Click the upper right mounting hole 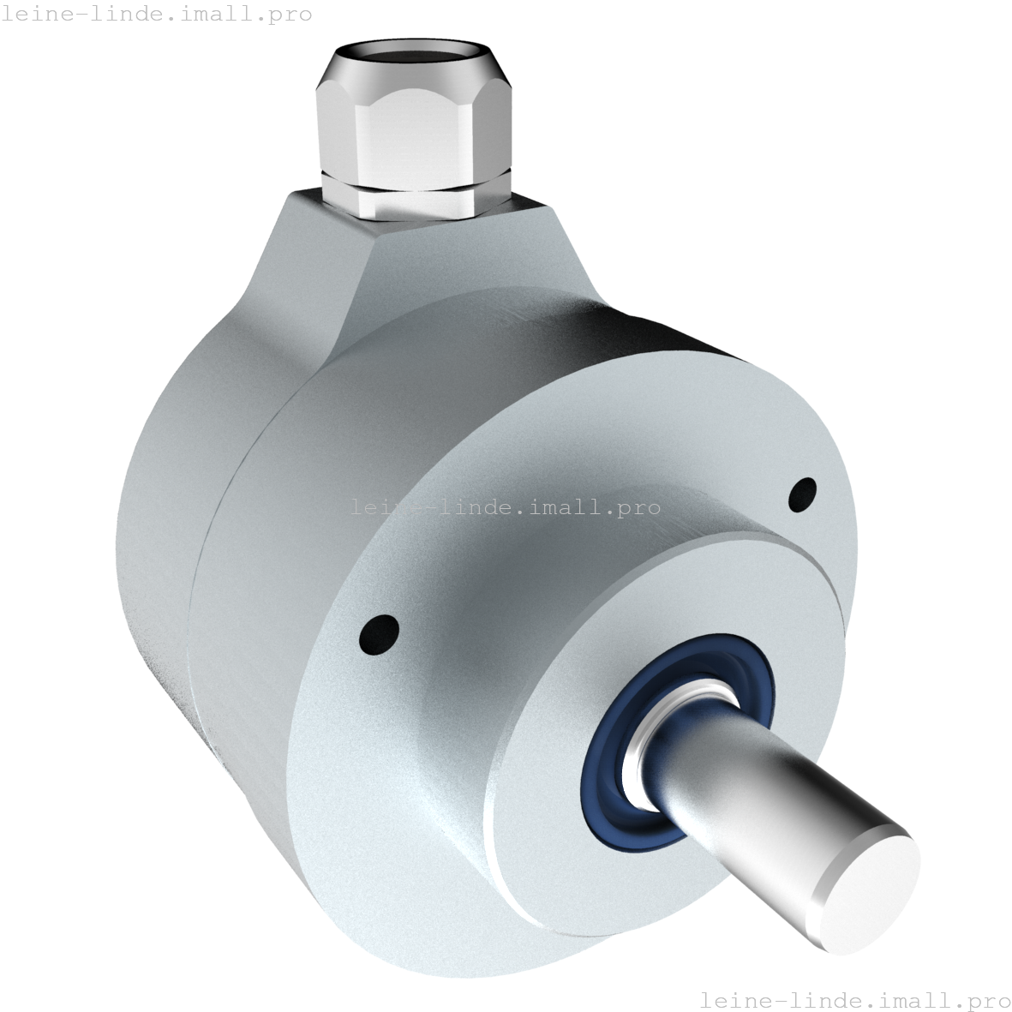[x=802, y=493]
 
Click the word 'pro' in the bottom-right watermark [x=985, y=999]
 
